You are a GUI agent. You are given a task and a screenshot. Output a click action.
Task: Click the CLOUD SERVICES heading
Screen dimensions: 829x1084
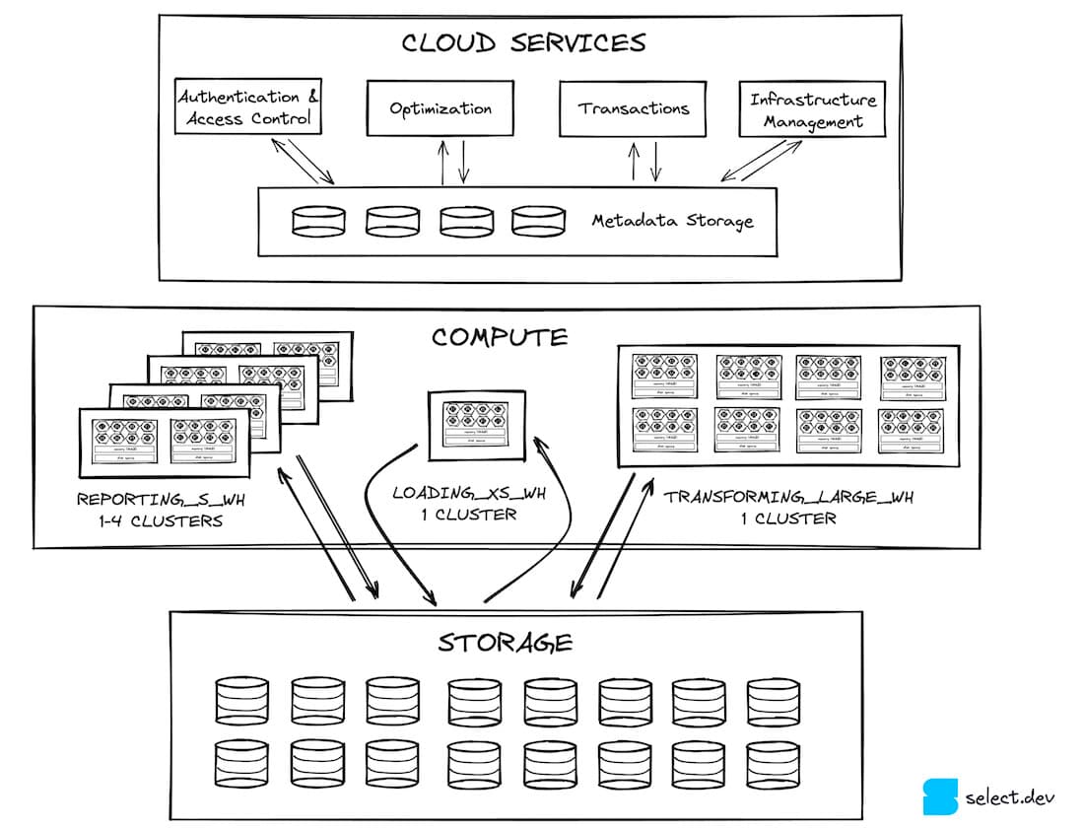523,42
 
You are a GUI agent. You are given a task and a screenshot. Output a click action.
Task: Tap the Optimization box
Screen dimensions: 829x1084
440,108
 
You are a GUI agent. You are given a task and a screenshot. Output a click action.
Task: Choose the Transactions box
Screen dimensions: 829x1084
634,108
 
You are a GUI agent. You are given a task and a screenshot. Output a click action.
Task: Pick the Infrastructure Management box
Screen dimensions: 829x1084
812,110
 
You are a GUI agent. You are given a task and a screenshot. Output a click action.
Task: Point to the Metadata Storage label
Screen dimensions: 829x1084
672,220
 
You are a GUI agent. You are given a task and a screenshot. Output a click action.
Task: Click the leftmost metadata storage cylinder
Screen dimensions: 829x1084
318,221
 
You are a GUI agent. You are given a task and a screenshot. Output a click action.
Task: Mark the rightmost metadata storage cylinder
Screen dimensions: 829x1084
538,221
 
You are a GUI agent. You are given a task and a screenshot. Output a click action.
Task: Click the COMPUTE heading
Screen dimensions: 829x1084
500,338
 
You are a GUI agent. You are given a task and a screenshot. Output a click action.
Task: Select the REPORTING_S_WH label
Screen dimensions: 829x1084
161,500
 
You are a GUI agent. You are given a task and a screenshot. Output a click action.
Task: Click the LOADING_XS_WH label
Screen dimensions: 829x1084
454,492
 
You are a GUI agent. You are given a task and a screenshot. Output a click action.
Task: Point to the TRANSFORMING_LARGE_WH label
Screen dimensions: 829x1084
788,497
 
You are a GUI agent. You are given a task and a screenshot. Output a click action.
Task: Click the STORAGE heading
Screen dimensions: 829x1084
505,644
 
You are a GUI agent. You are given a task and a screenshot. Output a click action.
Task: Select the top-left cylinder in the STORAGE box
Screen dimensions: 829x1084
241,701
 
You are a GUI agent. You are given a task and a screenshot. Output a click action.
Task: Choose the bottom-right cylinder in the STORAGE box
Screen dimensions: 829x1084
773,763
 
